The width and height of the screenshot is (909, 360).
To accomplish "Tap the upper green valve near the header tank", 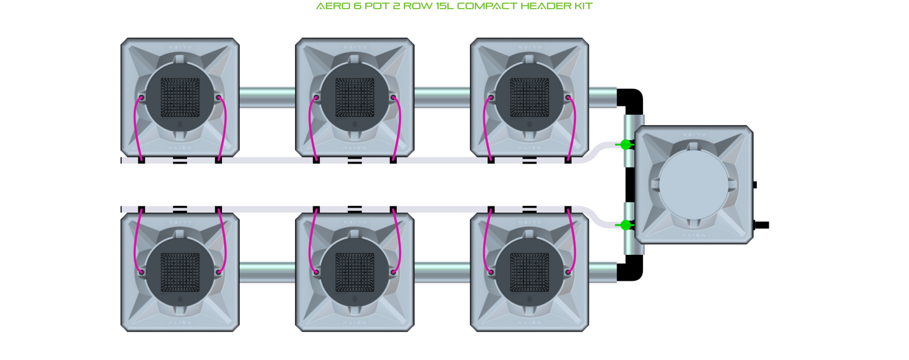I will tap(625, 145).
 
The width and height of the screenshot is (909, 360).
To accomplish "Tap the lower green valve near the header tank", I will tap(625, 225).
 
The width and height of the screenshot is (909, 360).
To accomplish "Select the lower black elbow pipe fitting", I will tap(631, 270).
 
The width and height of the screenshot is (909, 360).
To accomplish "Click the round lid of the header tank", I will tap(694, 184).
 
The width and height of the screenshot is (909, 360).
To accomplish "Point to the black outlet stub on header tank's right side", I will tap(761, 225).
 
